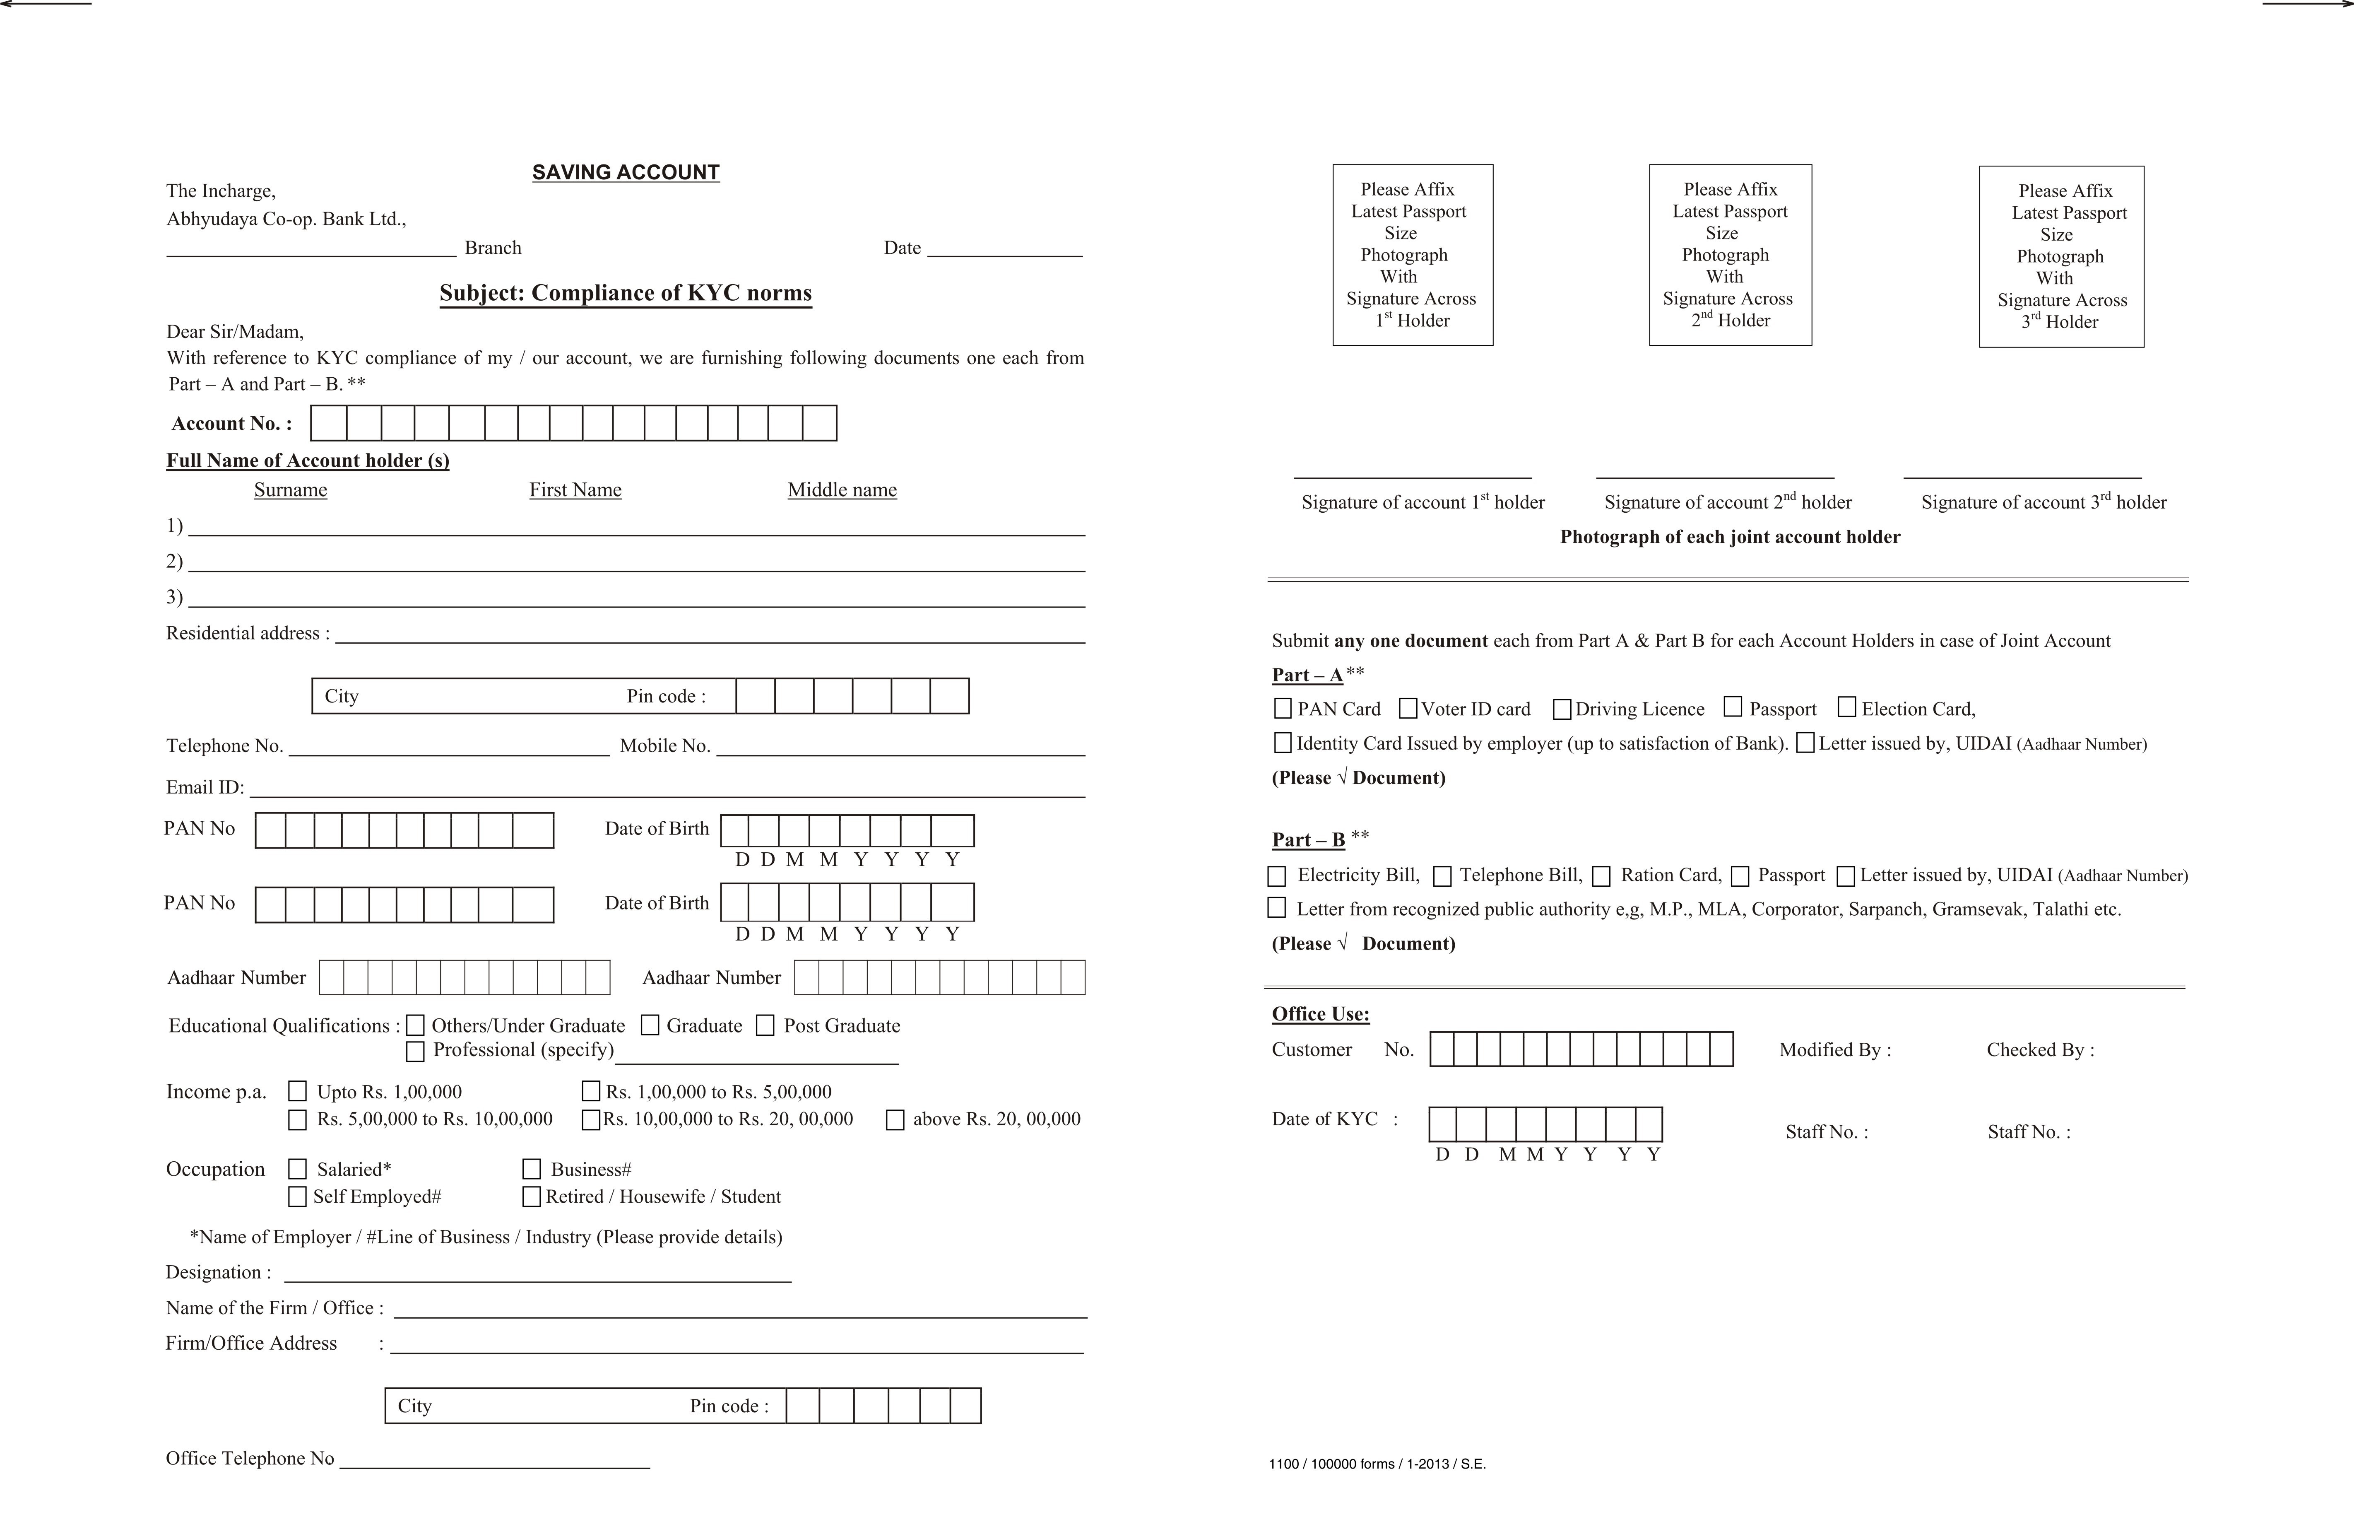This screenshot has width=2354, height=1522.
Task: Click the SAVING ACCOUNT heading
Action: pos(625,172)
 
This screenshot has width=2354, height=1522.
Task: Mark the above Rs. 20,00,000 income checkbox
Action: pos(895,1120)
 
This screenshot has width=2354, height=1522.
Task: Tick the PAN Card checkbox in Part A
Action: pos(1282,709)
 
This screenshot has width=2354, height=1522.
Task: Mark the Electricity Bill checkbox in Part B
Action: pos(1276,876)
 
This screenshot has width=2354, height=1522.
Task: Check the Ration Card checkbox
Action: pos(1601,876)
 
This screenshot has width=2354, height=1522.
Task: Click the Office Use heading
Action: pos(1320,1014)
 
